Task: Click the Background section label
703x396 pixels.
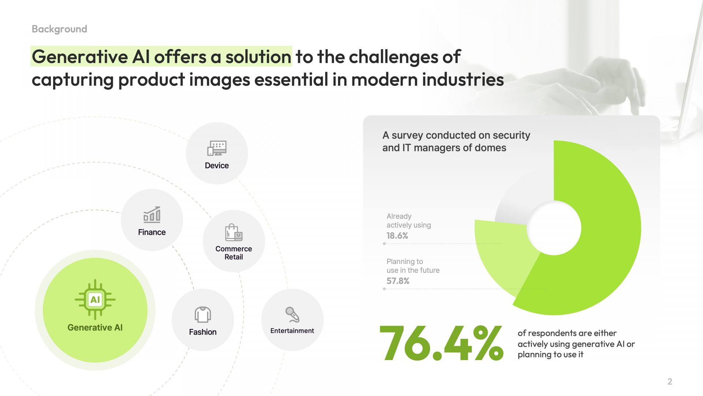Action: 59,29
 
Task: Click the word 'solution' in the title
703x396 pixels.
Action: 258,56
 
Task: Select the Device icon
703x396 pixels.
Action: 217,148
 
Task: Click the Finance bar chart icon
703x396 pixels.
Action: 152,214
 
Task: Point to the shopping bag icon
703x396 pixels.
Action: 234,232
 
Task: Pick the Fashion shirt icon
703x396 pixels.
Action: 203,315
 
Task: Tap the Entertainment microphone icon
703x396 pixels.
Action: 292,315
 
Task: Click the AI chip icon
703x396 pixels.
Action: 95,300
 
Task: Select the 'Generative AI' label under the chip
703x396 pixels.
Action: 95,327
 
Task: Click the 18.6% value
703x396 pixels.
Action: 397,236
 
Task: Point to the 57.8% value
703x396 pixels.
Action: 398,281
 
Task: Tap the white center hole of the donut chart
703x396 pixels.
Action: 554,228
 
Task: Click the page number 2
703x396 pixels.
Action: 670,382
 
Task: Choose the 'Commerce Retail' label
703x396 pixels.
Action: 234,253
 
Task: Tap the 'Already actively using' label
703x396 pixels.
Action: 409,221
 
